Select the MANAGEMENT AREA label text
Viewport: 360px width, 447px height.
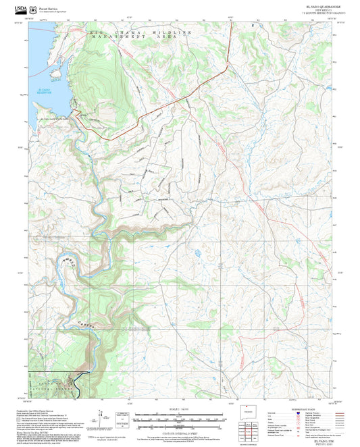pos(135,38)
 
